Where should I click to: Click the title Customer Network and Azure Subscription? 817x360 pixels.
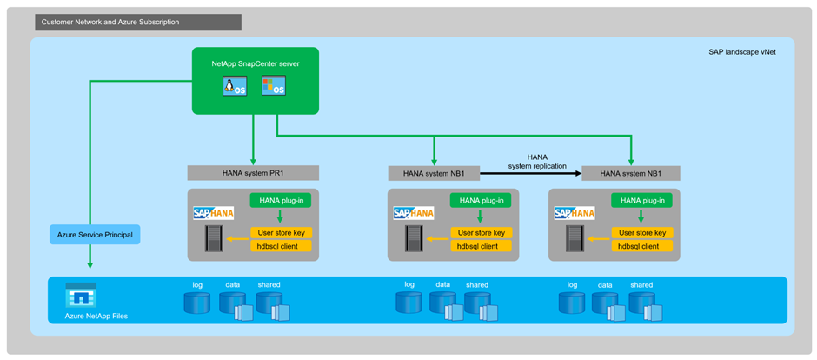click(x=110, y=22)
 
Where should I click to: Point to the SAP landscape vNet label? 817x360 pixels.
click(x=747, y=51)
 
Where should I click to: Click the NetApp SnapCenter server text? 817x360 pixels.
click(x=256, y=63)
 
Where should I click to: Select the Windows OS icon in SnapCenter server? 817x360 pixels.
click(x=274, y=85)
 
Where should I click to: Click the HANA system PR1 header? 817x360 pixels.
click(x=253, y=173)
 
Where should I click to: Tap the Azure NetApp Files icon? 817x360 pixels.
click(x=81, y=296)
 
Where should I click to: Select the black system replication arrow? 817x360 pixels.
click(x=539, y=173)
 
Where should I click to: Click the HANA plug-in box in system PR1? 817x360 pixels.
click(x=280, y=201)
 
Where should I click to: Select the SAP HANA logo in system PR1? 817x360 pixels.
click(x=213, y=213)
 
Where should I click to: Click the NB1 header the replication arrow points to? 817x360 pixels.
click(x=631, y=173)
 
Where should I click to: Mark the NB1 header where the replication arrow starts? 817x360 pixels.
click(x=440, y=173)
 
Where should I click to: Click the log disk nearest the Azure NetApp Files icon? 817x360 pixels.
click(x=197, y=302)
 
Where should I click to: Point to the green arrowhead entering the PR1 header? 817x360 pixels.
click(x=253, y=161)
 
